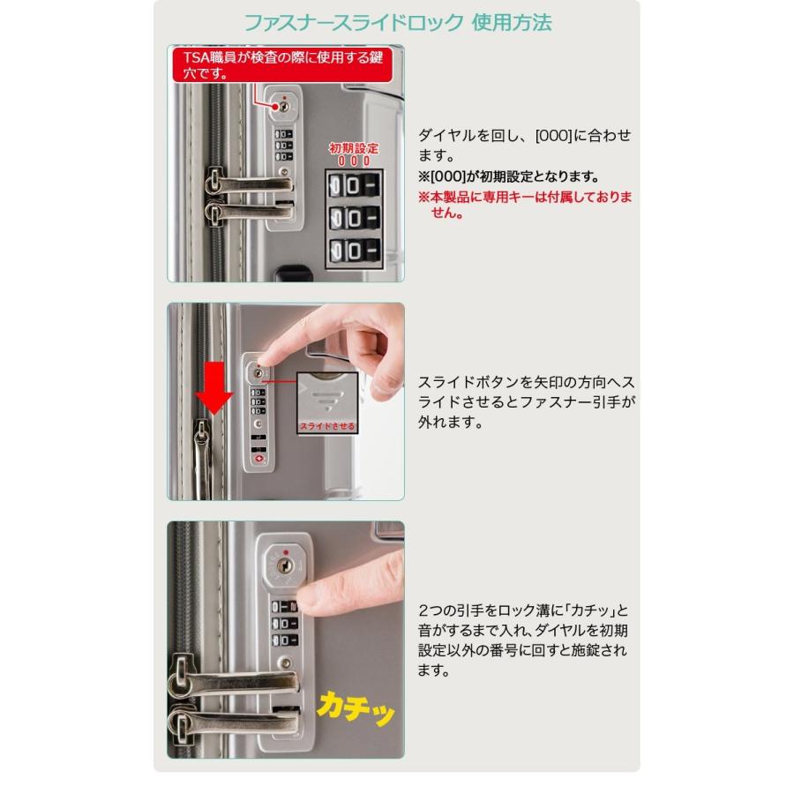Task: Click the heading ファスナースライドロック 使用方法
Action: [x=397, y=22]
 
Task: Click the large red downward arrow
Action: [x=214, y=387]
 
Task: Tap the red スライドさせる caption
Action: [x=327, y=426]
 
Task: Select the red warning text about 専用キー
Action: [x=525, y=205]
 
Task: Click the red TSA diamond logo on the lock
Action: [x=258, y=458]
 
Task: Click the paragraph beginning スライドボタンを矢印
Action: [x=526, y=402]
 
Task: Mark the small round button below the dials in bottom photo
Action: [x=283, y=663]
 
